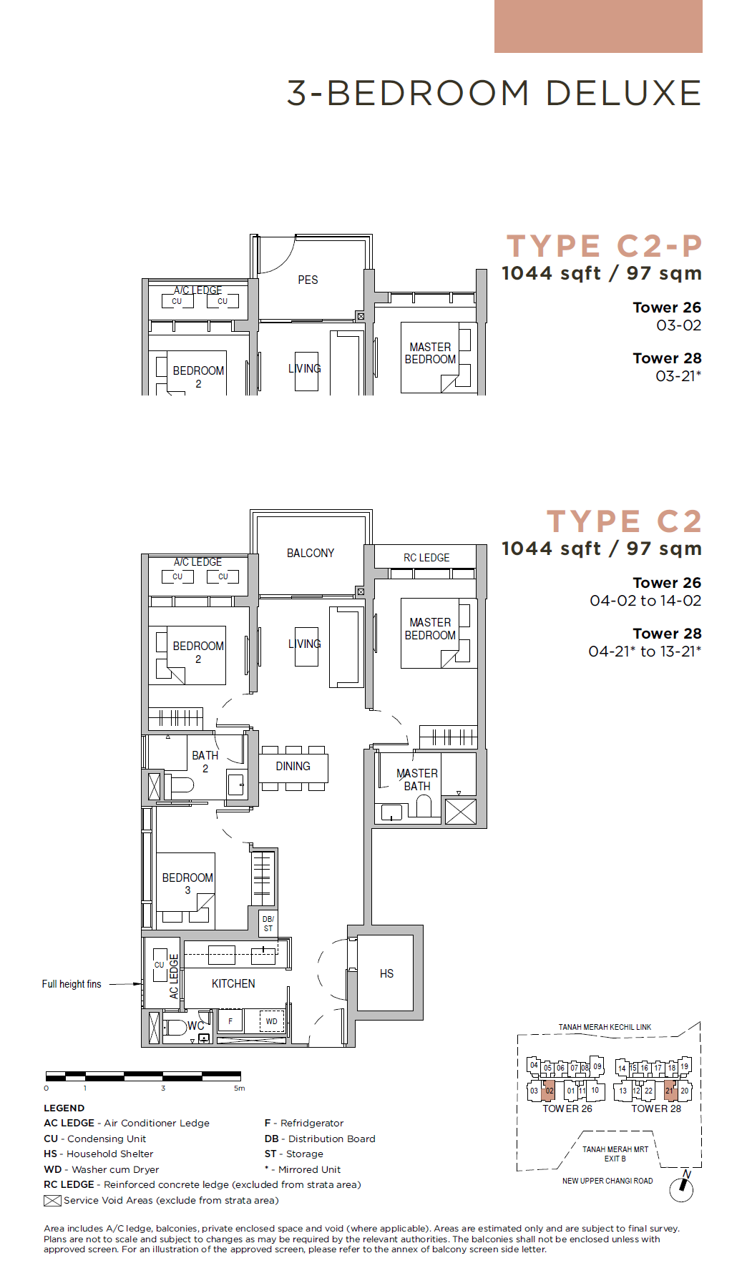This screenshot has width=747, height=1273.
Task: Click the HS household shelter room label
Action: [386, 973]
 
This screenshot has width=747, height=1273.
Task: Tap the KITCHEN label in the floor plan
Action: [233, 983]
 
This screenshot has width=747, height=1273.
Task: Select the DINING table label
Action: [293, 766]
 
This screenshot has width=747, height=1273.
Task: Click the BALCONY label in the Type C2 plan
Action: [311, 553]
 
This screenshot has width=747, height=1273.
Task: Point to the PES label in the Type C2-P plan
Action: [308, 280]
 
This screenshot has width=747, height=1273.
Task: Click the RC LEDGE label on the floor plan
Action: [426, 557]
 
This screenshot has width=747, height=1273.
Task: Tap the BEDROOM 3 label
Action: [187, 883]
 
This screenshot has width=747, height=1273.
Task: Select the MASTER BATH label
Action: [417, 780]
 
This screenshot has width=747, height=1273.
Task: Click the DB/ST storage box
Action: [268, 923]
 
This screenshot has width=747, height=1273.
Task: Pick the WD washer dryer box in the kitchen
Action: [272, 1021]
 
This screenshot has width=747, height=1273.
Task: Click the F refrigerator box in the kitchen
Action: [230, 1021]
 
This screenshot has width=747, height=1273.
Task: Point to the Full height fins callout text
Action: [72, 984]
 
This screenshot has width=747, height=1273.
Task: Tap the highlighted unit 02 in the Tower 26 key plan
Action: [549, 1090]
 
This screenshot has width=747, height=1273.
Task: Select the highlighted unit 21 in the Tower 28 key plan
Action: [670, 1090]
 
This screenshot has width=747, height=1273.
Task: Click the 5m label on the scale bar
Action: [239, 1088]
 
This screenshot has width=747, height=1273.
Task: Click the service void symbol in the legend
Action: [52, 1201]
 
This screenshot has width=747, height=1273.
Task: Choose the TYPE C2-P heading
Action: [605, 246]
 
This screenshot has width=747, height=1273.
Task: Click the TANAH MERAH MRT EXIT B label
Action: [615, 1154]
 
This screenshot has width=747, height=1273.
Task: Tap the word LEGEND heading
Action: [64, 1108]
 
